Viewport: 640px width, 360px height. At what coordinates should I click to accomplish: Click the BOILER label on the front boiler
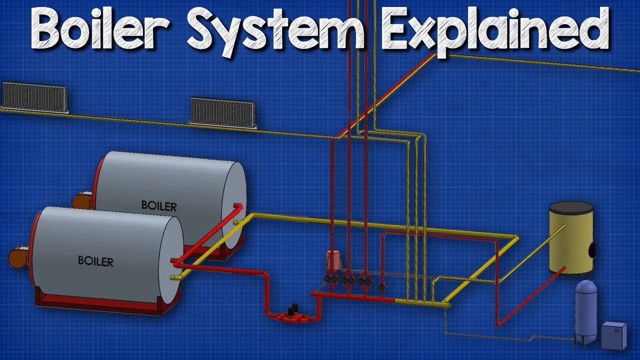pyautogui.click(x=95, y=260)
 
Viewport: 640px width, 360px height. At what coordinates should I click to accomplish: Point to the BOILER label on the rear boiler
pyautogui.click(x=159, y=205)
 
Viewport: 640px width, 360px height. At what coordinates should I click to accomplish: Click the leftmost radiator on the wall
pyautogui.click(x=34, y=97)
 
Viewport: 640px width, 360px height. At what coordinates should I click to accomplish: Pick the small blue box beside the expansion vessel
pyautogui.click(x=613, y=335)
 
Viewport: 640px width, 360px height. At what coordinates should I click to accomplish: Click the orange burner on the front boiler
pyautogui.click(x=18, y=256)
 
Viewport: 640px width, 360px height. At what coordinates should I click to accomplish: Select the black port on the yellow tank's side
pyautogui.click(x=593, y=248)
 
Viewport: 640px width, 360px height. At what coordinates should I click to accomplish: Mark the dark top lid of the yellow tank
pyautogui.click(x=571, y=206)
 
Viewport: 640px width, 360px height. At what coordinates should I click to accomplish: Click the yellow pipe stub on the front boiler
pyautogui.click(x=176, y=276)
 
